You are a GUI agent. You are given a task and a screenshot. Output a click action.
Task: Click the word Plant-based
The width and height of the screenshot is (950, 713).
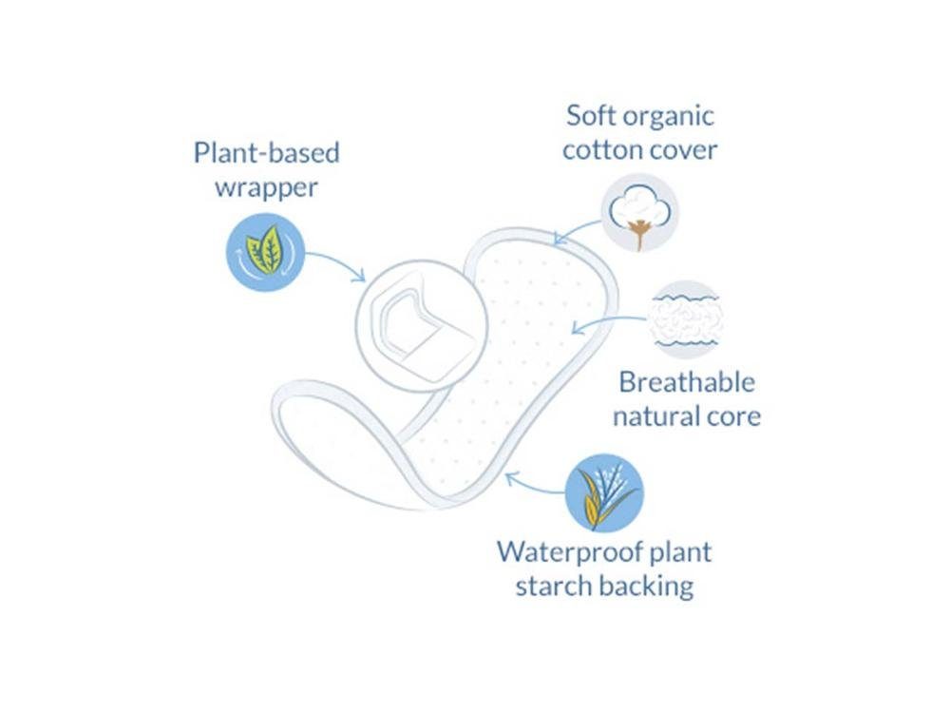(x=267, y=153)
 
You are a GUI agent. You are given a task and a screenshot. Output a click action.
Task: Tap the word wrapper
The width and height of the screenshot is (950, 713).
(x=266, y=188)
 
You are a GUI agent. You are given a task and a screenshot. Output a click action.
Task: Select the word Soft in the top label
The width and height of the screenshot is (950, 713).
(x=591, y=115)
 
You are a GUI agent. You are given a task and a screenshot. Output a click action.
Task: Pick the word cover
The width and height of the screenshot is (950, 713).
(x=683, y=151)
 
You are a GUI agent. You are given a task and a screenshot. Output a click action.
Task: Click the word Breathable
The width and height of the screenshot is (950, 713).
(x=687, y=382)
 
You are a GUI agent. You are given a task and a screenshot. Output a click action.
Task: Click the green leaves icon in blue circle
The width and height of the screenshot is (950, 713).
(x=265, y=252)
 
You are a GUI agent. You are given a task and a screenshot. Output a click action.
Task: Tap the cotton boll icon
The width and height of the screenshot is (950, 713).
(x=639, y=213)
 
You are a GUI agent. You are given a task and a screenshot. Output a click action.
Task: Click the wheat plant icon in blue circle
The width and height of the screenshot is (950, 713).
(x=604, y=492)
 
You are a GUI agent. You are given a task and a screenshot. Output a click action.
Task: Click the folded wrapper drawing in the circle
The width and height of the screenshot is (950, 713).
(x=422, y=326)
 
